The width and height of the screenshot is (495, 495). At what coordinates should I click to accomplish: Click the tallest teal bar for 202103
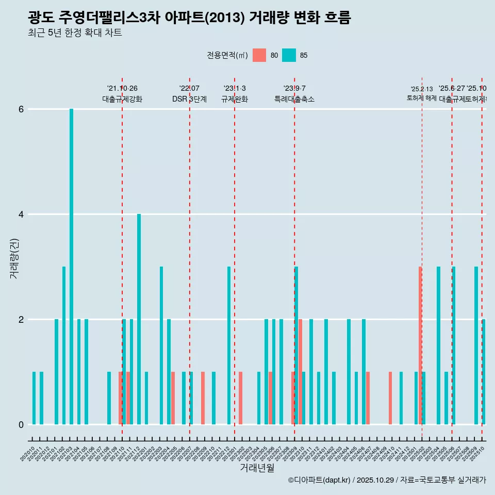[x=72, y=267]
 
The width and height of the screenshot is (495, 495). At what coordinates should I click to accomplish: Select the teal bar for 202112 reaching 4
[x=139, y=319]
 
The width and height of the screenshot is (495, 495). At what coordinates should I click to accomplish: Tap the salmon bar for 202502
[x=420, y=345]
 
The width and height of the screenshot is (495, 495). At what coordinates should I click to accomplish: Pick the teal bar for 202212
[x=229, y=345]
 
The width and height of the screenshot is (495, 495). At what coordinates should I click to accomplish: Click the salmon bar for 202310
[x=300, y=372]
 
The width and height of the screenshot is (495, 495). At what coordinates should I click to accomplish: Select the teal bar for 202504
[x=438, y=345]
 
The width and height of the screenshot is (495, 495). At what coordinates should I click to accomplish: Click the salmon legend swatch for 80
[x=259, y=55]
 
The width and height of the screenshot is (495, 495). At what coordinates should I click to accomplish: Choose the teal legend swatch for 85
[x=289, y=55]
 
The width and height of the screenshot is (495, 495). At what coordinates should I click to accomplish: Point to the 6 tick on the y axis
[x=21, y=109]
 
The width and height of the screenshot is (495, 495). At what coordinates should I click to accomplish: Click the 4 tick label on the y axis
[x=21, y=214]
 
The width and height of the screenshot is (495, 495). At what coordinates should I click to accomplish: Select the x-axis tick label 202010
[x=28, y=454]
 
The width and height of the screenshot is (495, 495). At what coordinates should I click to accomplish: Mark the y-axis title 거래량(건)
[x=14, y=258]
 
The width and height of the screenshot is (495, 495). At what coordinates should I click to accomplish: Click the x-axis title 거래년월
[x=257, y=468]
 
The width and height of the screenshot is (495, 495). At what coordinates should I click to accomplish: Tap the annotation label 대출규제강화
[x=122, y=99]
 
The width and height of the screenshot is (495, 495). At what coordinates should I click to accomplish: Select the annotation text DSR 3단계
[x=190, y=99]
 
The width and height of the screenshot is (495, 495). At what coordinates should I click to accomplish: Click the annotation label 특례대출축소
[x=294, y=99]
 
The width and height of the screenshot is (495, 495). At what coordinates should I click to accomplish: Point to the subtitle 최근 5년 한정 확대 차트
[x=75, y=33]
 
